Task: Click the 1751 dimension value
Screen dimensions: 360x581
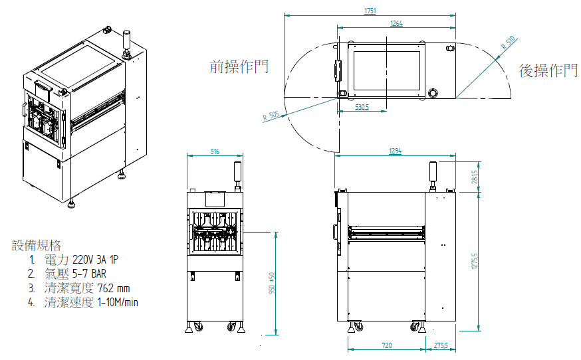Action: [x=370, y=11]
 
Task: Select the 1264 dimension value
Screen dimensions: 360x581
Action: [x=396, y=23]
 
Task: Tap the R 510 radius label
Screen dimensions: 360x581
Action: [x=508, y=44]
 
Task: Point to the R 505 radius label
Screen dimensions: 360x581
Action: [x=271, y=117]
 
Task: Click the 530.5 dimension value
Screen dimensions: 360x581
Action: [x=362, y=106]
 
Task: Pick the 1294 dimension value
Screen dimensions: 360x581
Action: [x=395, y=152]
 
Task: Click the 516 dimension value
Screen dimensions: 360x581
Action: [x=215, y=152]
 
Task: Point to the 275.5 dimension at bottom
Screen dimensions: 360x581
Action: [x=440, y=345]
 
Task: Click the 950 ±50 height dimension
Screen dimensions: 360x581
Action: [x=271, y=284]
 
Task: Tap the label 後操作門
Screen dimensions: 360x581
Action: [x=548, y=70]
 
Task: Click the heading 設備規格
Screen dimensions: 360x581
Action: [x=37, y=245]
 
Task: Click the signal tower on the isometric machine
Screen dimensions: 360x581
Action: [x=126, y=41]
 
